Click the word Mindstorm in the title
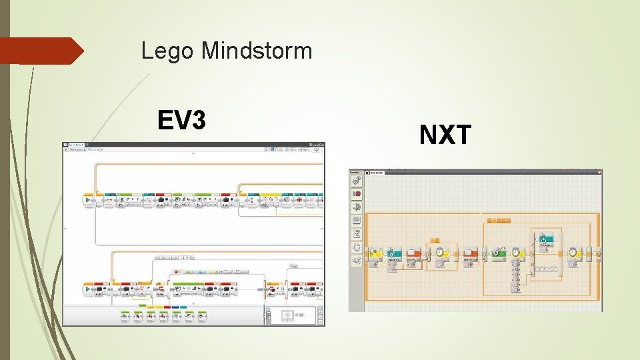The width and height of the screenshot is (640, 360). (x=257, y=51)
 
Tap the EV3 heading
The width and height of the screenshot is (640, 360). (x=181, y=120)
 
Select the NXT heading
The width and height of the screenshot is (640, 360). (x=445, y=135)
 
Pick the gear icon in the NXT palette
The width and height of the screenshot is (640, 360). (x=357, y=181)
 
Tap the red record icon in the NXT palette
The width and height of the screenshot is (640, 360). (x=357, y=194)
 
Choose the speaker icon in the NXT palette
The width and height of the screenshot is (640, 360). (x=357, y=207)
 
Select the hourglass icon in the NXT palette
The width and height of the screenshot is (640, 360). (x=357, y=233)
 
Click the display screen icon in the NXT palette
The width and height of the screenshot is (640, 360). (x=357, y=220)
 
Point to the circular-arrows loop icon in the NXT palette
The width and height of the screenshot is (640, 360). (x=357, y=247)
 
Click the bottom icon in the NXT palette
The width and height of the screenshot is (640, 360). (x=357, y=261)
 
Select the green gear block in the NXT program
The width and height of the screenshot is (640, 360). (x=497, y=253)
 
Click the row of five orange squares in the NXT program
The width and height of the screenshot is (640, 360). (x=499, y=220)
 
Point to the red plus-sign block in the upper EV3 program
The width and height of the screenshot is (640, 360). (x=299, y=199)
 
